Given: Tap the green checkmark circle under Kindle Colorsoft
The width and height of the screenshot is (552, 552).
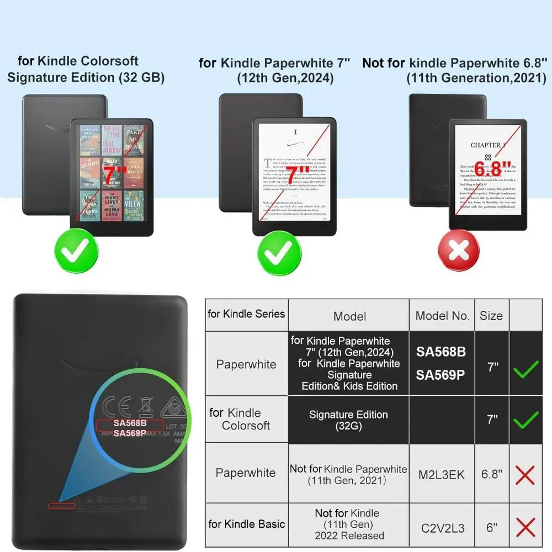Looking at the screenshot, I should click(77, 252).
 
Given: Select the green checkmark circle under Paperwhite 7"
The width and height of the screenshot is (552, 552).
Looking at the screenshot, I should click(278, 252).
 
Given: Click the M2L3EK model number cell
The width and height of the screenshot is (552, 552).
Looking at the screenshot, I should click(442, 474).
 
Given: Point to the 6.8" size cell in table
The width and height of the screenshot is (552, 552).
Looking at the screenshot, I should click(491, 474).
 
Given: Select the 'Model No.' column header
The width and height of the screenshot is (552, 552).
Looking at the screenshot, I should click(442, 316).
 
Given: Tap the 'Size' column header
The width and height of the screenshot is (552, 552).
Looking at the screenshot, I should click(491, 316).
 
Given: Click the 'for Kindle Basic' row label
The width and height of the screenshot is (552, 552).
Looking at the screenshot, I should click(246, 524).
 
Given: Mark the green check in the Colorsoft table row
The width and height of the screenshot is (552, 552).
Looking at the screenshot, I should click(526, 421).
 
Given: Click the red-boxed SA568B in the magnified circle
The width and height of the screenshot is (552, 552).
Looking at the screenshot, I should click(130, 423).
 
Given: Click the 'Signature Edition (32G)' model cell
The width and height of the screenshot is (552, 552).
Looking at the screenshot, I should click(348, 420).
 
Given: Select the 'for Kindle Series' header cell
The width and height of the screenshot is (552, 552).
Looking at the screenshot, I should click(246, 314).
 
